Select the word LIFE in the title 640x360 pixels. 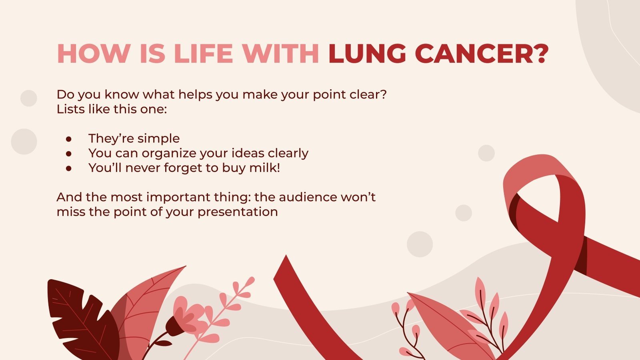204,53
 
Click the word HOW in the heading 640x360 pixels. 94,53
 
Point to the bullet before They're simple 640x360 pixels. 69,139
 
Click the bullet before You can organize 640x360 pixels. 69,154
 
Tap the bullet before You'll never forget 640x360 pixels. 69,168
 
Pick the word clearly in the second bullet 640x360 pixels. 288,153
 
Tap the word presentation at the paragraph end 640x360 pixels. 238,212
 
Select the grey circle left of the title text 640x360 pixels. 28,98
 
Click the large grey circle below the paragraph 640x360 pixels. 420,244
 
